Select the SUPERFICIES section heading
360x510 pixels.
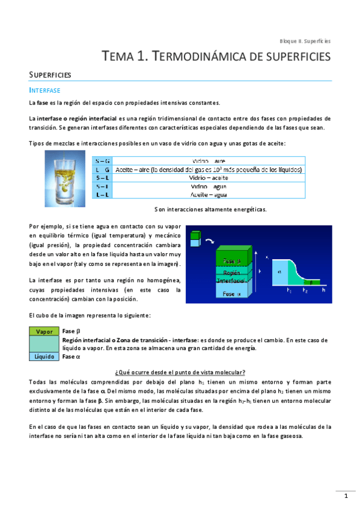tap(50, 75)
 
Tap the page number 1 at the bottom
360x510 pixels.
tap(346, 496)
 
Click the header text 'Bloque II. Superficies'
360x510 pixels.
tap(305, 41)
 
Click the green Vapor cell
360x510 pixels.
tap(44, 331)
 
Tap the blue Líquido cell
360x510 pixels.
tap(44, 356)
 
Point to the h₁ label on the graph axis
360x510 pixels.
tap(289, 290)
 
